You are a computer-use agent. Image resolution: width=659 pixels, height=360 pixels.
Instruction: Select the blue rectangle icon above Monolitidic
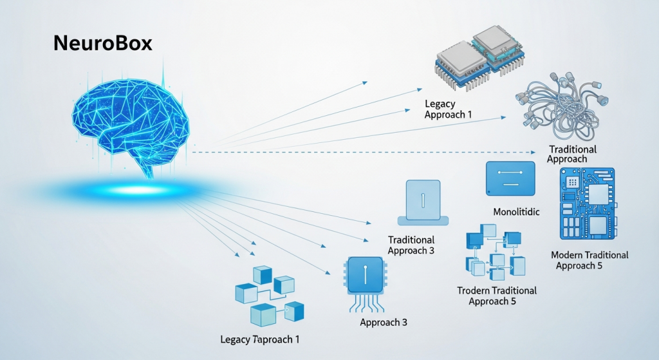pyautogui.click(x=510, y=178)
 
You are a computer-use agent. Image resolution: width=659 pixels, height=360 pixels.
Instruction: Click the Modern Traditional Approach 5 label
pyautogui.click(x=589, y=260)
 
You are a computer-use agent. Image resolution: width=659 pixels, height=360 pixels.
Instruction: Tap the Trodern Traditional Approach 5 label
pyautogui.click(x=496, y=296)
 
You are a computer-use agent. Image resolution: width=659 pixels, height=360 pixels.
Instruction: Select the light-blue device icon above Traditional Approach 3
pyautogui.click(x=422, y=201)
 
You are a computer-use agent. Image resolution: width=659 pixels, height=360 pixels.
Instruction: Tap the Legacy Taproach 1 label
pyautogui.click(x=259, y=339)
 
